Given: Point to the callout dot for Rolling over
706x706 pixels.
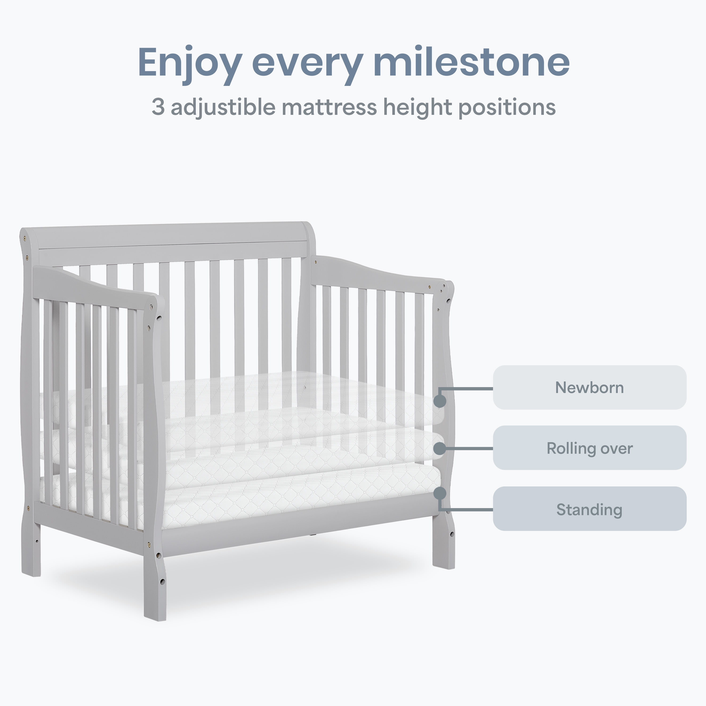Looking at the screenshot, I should tap(440, 448).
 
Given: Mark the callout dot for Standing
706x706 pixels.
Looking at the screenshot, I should tap(440, 493).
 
